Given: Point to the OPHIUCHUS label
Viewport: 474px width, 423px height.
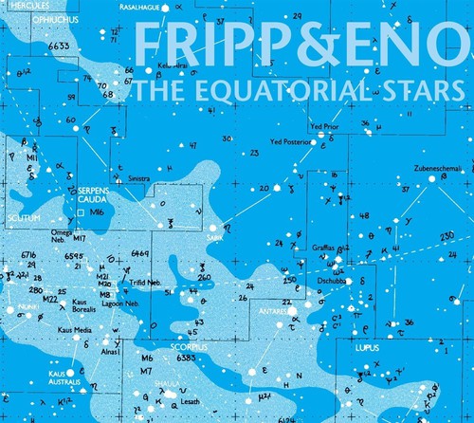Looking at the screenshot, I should (x=30, y=17).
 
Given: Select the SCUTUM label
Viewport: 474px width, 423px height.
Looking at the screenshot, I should (x=24, y=217).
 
